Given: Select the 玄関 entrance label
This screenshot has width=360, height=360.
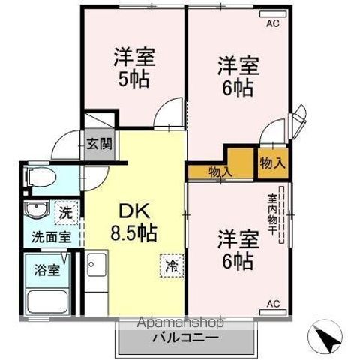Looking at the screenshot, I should click(x=98, y=144).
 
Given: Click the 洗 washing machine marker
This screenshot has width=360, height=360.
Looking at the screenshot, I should click(x=65, y=212).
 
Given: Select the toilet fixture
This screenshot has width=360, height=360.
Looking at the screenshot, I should click(x=41, y=178).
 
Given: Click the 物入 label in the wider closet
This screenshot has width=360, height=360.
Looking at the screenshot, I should click(x=220, y=172).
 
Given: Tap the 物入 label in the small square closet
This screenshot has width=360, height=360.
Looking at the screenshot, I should click(x=271, y=163).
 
